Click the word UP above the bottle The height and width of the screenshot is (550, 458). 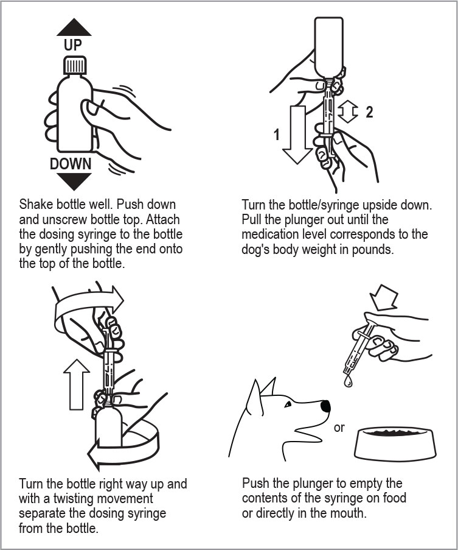point(73,45)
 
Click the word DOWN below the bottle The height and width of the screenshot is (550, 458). point(71,164)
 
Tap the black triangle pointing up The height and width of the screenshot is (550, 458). point(74,27)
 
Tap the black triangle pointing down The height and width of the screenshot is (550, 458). point(74,182)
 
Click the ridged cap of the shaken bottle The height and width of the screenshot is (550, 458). point(75,65)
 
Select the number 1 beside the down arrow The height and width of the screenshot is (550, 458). point(277,135)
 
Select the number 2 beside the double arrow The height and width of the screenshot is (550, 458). point(369,112)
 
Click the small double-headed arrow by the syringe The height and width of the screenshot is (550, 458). point(348,111)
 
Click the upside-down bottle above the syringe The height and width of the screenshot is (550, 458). point(329,47)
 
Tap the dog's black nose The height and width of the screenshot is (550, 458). point(325,406)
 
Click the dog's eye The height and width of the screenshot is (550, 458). point(288,405)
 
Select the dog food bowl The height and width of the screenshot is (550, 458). point(395,443)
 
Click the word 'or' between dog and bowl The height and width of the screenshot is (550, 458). point(339,428)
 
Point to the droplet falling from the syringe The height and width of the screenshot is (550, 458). point(348,381)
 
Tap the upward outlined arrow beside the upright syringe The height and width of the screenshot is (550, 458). point(77,384)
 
